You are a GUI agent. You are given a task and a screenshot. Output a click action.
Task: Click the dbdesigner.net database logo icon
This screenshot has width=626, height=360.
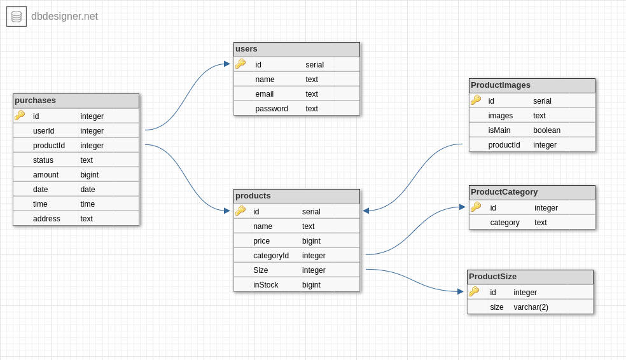click(x=17, y=17)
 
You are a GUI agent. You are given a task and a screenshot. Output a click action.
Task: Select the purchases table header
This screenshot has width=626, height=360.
click(x=36, y=100)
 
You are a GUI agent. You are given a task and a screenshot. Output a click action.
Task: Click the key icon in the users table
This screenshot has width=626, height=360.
click(x=240, y=64)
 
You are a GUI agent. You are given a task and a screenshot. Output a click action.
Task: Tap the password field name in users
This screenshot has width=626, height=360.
click(x=272, y=109)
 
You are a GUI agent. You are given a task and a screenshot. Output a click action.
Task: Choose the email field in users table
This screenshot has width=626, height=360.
click(x=265, y=94)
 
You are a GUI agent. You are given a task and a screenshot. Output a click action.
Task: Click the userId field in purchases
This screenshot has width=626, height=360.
click(x=43, y=131)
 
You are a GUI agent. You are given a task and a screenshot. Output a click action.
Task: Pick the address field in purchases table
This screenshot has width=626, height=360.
click(x=46, y=219)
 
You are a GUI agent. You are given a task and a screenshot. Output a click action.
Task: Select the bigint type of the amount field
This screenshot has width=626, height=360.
click(x=89, y=175)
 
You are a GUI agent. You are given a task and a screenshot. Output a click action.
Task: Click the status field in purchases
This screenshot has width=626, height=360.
click(x=43, y=160)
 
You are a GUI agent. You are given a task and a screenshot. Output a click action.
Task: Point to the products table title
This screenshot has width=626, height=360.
click(x=253, y=196)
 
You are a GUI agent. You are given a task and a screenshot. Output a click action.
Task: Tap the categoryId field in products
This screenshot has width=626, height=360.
click(x=271, y=256)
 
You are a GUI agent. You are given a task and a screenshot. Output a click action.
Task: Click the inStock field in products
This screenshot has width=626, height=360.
click(x=266, y=285)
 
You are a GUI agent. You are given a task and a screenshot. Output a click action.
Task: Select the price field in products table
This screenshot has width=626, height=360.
click(x=261, y=241)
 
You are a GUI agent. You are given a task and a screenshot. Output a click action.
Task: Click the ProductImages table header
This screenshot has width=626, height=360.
click(x=501, y=85)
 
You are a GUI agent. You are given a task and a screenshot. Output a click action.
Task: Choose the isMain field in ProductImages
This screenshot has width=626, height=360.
click(x=499, y=130)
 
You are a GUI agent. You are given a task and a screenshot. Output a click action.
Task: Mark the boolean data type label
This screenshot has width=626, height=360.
click(x=546, y=130)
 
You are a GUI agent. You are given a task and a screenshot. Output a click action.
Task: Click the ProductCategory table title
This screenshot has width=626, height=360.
click(x=504, y=192)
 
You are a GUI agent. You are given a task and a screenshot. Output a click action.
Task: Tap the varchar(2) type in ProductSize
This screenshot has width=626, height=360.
click(x=531, y=307)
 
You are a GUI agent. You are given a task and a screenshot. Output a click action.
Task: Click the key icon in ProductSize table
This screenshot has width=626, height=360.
click(x=474, y=291)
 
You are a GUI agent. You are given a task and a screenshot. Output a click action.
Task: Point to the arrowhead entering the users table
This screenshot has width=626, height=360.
click(x=226, y=64)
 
